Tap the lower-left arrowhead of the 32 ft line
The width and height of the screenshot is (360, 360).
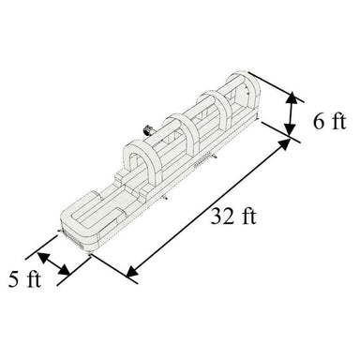(x=133, y=274)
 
